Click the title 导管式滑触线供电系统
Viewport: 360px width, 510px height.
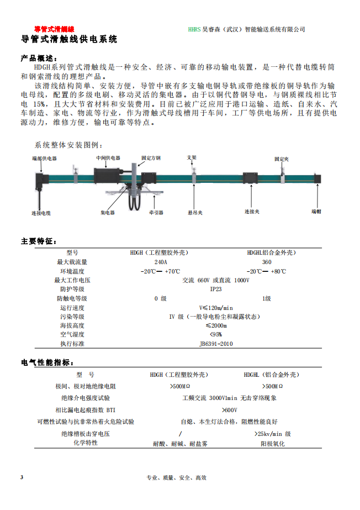69,40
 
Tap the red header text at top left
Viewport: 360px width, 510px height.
54,29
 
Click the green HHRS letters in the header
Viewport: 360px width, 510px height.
194,29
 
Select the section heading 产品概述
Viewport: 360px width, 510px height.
38,58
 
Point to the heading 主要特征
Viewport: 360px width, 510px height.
38,241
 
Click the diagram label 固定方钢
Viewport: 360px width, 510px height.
151,158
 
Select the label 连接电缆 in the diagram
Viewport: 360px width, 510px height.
41,213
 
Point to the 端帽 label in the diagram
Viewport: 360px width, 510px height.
316,212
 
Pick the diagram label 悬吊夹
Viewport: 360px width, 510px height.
195,212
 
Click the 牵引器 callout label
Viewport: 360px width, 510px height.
156,212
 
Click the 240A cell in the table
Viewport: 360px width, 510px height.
160,262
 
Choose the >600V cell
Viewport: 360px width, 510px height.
229,410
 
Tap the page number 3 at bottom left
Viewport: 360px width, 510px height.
22,477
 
